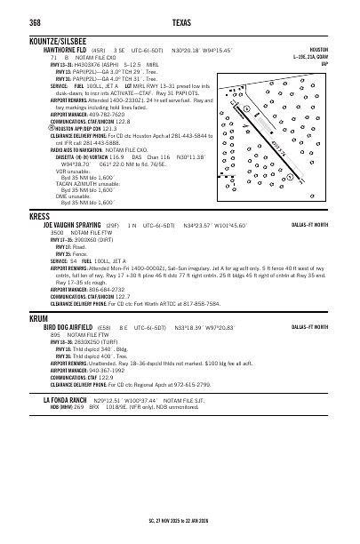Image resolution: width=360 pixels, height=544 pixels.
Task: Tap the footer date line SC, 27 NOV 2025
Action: click(x=180, y=520)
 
